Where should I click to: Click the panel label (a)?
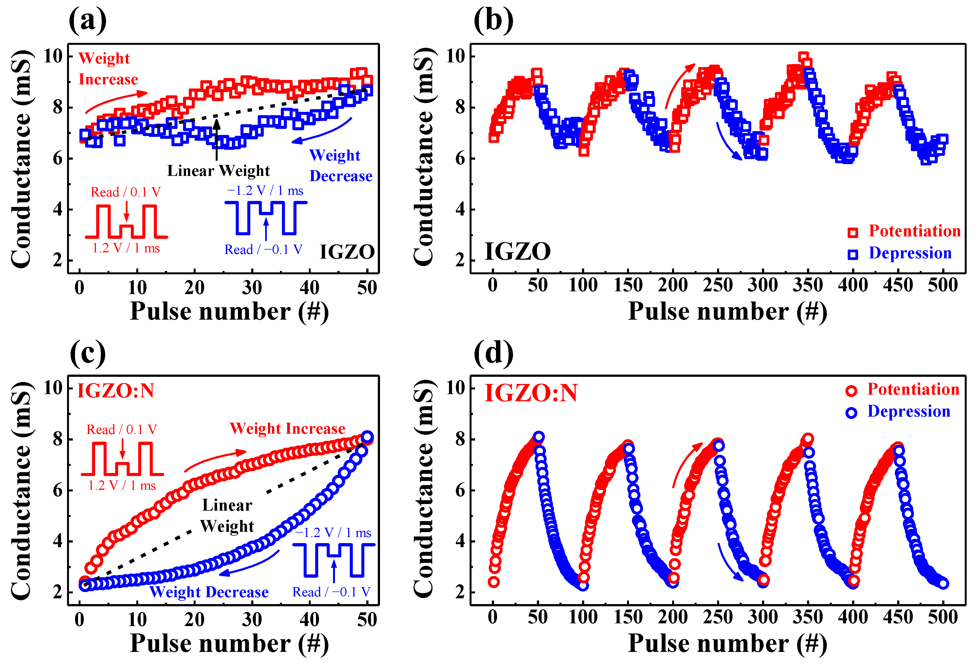[87, 20]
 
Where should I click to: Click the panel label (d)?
[493, 353]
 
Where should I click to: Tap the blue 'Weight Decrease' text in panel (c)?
[209, 592]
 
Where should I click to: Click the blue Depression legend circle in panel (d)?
[851, 413]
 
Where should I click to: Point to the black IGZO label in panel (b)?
[517, 251]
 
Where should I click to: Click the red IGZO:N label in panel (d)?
[531, 393]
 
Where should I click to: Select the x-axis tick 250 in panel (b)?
[718, 285]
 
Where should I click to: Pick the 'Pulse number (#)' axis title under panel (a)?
[229, 312]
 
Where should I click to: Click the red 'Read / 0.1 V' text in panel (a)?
[126, 192]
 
